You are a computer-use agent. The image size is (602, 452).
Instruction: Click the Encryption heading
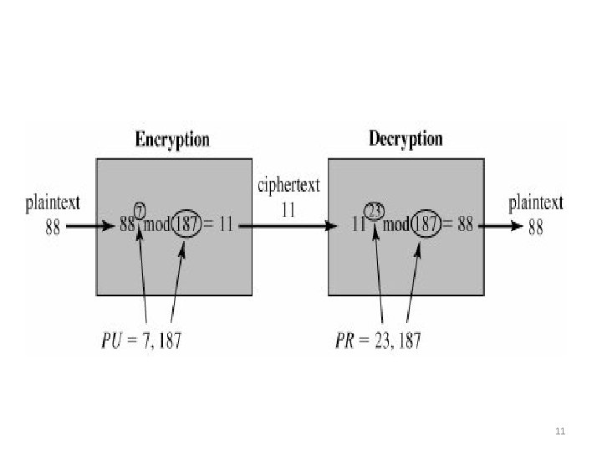tap(172, 139)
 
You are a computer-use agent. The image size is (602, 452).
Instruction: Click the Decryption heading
tap(406, 138)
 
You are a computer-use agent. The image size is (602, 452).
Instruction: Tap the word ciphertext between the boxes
tap(287, 184)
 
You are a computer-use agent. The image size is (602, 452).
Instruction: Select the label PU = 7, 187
tap(140, 341)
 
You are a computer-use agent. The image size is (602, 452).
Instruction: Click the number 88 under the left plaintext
tap(52, 227)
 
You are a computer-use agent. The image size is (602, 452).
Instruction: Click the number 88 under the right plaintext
tap(536, 227)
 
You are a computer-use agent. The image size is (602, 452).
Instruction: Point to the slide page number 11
tap(561, 432)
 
